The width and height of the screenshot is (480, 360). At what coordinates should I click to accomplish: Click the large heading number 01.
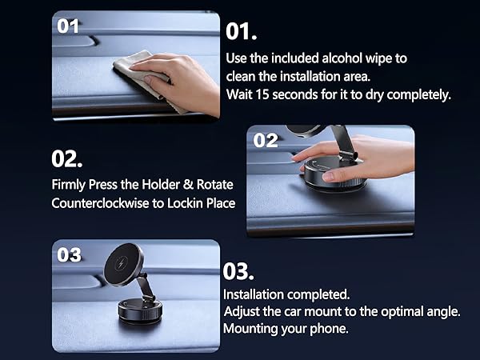pos(242,32)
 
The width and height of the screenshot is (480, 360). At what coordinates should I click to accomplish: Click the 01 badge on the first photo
pos(69,25)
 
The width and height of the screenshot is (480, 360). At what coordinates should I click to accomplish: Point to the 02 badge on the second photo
pos(266,141)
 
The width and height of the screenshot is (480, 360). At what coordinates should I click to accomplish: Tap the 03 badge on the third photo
pos(70,254)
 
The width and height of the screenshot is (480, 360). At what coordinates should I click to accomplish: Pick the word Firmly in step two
pos(70,184)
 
